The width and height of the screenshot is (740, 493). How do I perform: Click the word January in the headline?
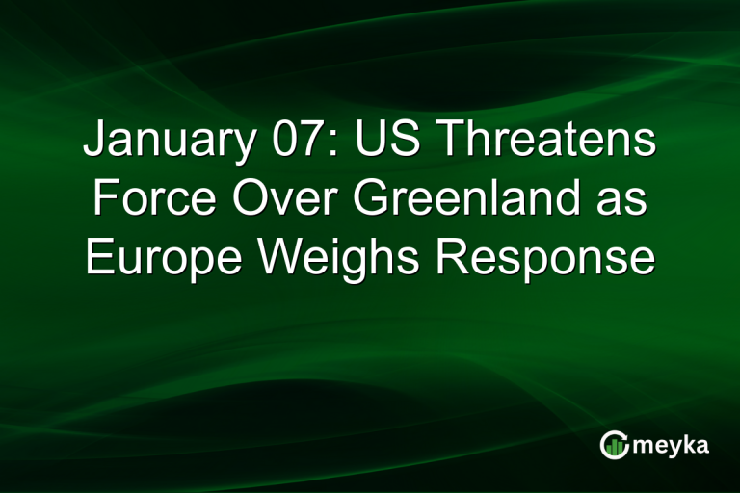[x=159, y=142]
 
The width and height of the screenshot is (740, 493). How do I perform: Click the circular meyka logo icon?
[x=614, y=444]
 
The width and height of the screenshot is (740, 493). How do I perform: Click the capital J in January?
[x=93, y=142]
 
